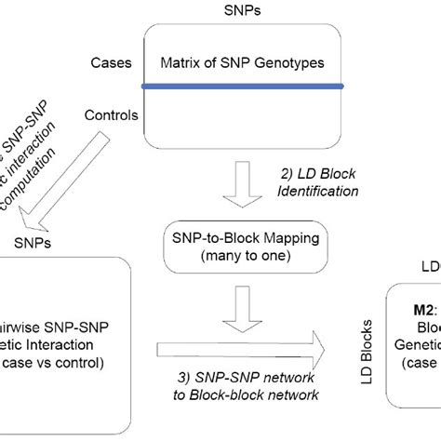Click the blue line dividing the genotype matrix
click(243, 87)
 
